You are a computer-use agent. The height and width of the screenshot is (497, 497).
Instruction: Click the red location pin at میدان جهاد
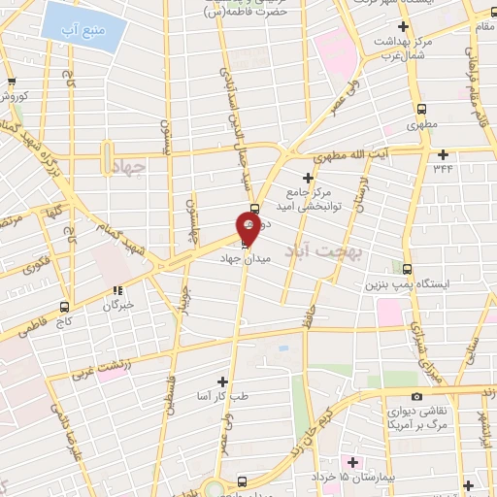coord(248,226)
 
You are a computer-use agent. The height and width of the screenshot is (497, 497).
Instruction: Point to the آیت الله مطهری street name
coord(355,155)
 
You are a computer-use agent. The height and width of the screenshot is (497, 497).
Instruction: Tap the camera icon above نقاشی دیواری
coord(416,396)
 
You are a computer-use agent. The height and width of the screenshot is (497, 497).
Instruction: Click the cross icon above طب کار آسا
coord(224,381)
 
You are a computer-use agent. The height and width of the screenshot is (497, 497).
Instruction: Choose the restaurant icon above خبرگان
coord(116,290)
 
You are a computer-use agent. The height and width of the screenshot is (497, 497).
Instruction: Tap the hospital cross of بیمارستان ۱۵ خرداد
coord(352,461)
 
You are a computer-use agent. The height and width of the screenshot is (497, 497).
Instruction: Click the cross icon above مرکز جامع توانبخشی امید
coord(309,178)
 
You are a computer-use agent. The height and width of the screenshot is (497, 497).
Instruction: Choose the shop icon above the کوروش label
coord(11,83)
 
